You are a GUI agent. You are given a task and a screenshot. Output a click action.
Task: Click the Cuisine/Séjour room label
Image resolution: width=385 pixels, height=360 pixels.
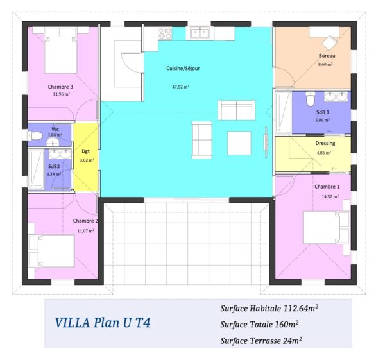[x=183, y=68]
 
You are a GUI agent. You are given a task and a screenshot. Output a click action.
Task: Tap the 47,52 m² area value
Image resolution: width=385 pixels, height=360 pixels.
[x=180, y=87]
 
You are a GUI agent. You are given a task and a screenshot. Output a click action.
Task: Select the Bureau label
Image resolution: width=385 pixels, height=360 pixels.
[x=327, y=56]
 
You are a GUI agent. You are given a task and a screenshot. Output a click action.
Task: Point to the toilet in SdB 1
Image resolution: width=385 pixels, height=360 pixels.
[x=311, y=99]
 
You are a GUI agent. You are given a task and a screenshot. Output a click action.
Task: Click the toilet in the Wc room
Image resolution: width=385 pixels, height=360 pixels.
[x=35, y=135]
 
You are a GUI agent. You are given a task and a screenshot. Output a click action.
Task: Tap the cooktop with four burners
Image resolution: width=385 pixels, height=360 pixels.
[x=165, y=33]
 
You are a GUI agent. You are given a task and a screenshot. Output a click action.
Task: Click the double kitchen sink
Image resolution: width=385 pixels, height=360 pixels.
[x=200, y=33]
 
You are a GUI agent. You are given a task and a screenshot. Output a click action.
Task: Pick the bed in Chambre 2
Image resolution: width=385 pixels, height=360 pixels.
[x=51, y=251]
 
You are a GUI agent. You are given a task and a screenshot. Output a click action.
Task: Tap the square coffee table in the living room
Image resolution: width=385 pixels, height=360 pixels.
[x=239, y=143]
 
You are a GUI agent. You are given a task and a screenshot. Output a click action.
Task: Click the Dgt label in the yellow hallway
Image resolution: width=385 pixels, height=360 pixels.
[x=85, y=151]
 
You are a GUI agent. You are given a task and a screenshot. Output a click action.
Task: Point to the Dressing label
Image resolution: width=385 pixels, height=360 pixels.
[x=325, y=143]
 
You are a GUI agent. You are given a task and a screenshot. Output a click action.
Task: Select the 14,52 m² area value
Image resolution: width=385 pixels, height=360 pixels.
[x=330, y=196]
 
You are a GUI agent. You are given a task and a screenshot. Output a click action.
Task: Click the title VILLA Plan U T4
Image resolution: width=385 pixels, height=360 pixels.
[x=103, y=323]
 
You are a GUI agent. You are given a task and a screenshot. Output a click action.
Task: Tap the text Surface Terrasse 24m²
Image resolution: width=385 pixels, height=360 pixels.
[x=261, y=341]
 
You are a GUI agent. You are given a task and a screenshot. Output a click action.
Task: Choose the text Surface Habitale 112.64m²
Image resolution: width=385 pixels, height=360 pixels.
[x=269, y=308]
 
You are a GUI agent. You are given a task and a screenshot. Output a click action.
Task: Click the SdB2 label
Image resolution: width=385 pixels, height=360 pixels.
[x=54, y=166]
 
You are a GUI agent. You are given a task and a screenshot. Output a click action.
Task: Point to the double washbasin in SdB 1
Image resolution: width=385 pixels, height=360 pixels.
[x=336, y=97]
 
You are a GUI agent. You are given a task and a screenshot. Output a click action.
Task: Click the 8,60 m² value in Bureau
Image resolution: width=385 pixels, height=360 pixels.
[x=325, y=64]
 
